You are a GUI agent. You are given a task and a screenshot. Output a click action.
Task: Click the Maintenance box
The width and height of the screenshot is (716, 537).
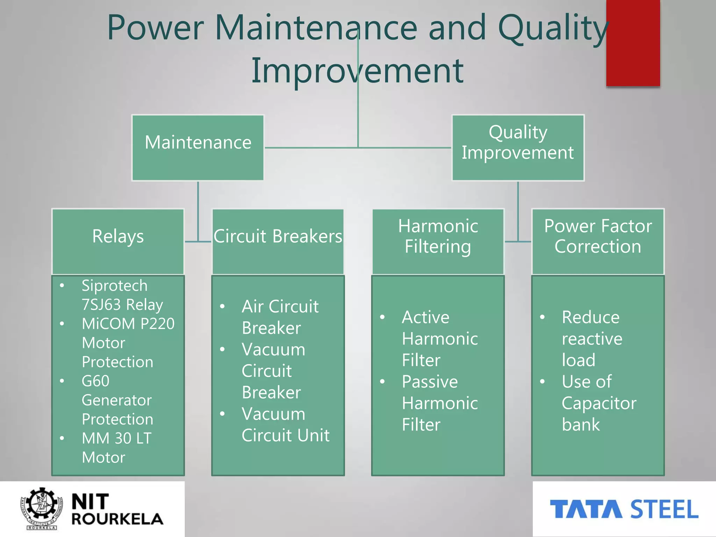(198, 148)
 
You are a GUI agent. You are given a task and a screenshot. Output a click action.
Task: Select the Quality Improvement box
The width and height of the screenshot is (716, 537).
(518, 148)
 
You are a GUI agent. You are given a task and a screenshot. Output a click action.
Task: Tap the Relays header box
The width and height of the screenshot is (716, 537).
(118, 241)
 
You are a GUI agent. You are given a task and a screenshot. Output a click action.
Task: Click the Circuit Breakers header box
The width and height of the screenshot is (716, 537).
(278, 241)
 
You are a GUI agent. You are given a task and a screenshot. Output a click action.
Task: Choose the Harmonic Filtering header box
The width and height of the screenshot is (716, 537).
(438, 241)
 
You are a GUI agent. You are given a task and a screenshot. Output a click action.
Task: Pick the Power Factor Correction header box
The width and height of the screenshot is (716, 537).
(598, 241)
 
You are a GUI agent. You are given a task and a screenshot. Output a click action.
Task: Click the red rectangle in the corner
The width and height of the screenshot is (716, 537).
(633, 43)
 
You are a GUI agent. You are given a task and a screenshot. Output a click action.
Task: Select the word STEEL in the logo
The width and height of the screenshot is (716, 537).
(664, 509)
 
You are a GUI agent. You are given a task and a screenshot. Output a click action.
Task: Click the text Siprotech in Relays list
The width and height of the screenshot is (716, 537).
(114, 286)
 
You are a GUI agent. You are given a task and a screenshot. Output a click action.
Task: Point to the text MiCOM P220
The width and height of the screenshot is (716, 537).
(128, 324)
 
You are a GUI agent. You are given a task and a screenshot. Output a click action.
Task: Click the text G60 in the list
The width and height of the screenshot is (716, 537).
(95, 381)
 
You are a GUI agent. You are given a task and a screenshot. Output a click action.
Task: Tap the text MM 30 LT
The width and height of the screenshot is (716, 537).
(116, 438)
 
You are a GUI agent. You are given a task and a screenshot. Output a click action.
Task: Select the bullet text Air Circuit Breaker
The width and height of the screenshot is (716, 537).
(280, 317)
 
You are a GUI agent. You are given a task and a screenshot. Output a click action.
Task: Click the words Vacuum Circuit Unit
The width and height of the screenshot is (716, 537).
(285, 424)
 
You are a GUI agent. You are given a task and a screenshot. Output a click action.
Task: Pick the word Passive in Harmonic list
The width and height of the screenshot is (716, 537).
(430, 381)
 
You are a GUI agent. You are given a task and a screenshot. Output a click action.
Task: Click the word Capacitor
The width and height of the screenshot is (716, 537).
(599, 403)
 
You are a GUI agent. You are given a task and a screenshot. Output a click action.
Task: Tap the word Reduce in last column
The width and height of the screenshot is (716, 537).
(590, 317)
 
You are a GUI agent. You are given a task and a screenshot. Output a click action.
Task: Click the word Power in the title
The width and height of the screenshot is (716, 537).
(155, 28)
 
